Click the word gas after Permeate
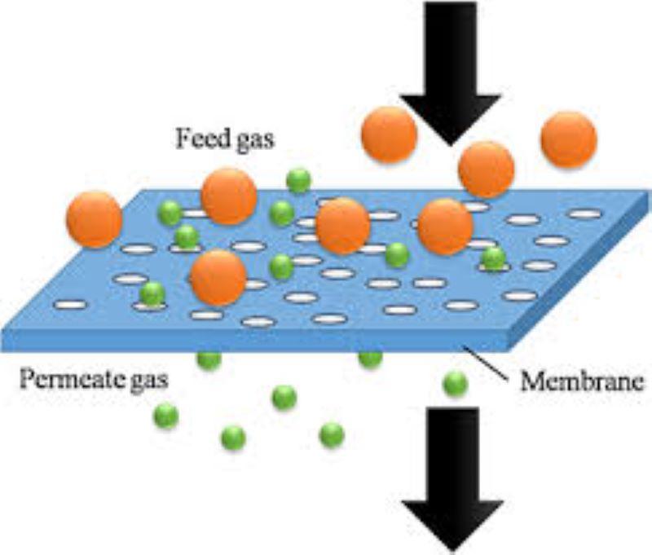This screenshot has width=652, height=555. [x=149, y=381]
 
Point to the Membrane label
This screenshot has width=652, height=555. [x=582, y=381]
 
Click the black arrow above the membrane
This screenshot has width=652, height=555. [x=451, y=73]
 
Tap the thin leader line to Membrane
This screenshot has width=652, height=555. [x=486, y=363]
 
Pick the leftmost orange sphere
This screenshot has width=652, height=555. [x=94, y=218]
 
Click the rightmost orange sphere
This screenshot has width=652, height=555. [x=569, y=139]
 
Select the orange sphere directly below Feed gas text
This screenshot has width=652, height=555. [x=229, y=196]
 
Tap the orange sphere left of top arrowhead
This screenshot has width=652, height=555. [x=389, y=134]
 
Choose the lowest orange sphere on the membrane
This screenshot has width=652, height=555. [x=218, y=278]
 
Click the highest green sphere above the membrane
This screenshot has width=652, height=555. [x=298, y=180]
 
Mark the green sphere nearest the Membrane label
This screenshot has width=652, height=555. [x=456, y=384]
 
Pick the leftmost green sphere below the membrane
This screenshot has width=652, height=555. [x=166, y=416]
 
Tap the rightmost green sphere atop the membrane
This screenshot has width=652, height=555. [x=493, y=258]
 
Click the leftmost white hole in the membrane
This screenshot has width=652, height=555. [x=70, y=305]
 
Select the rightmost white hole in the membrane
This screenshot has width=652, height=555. [x=585, y=214]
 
